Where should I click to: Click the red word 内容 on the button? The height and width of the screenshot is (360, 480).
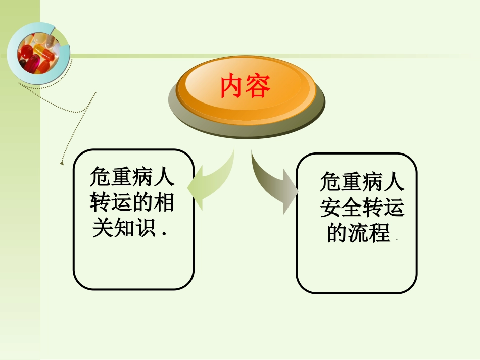246,87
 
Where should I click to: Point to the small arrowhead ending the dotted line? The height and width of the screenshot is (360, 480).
62,164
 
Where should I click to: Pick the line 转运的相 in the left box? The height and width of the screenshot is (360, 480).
132,203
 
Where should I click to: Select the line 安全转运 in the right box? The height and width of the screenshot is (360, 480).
362,208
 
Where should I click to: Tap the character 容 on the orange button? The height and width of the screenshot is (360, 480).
259,87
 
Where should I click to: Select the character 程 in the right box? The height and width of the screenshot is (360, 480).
379,233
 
